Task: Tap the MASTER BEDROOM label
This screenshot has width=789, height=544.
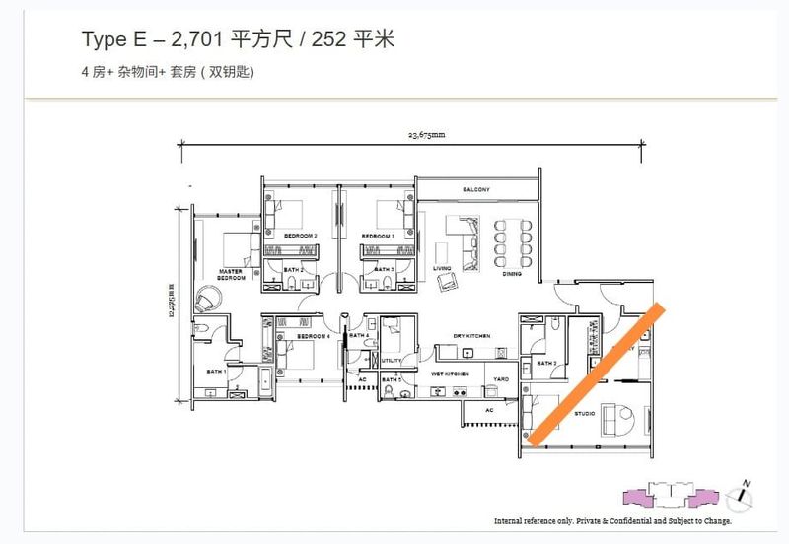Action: pyautogui.click(x=231, y=273)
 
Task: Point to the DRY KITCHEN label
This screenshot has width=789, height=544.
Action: pyautogui.click(x=472, y=336)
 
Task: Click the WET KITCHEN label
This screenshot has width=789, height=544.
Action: pyautogui.click(x=449, y=374)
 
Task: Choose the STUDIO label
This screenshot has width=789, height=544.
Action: pyautogui.click(x=584, y=413)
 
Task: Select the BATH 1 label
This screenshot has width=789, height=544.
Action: pyautogui.click(x=216, y=372)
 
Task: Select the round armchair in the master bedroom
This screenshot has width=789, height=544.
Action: pyautogui.click(x=209, y=296)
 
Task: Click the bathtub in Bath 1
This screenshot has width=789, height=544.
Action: pyautogui.click(x=270, y=382)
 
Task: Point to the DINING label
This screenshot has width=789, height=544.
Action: pyautogui.click(x=512, y=274)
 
